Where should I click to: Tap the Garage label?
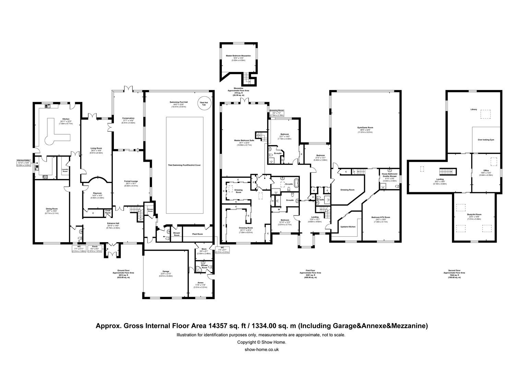[166, 272]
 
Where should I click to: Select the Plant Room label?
[197, 234]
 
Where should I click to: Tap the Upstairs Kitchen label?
[348, 227]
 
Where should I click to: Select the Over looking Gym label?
[486, 140]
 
